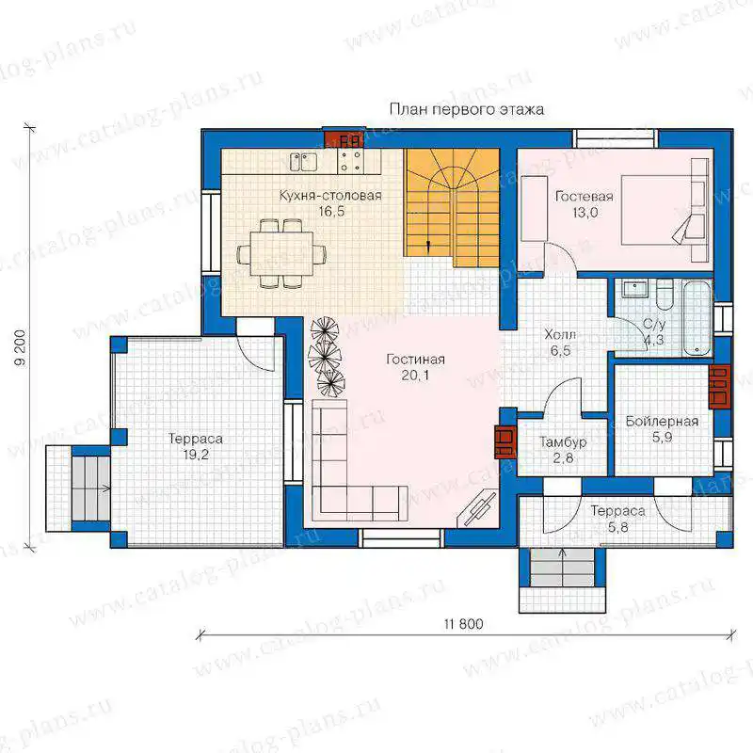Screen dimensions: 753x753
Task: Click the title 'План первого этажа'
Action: pyautogui.click(x=466, y=110)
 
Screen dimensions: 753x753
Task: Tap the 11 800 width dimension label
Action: pyautogui.click(x=463, y=624)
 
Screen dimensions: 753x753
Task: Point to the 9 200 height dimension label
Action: pyautogui.click(x=21, y=348)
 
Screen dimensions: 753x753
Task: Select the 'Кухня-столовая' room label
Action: pyautogui.click(x=330, y=196)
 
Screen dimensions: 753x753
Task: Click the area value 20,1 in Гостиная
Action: pyautogui.click(x=415, y=375)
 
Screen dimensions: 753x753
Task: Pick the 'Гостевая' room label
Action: pyautogui.click(x=584, y=197)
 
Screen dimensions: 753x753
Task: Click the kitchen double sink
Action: pyautogui.click(x=303, y=161)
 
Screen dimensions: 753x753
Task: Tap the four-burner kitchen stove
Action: pyautogui.click(x=349, y=161)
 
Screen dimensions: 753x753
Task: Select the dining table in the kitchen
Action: pyautogui.click(x=281, y=253)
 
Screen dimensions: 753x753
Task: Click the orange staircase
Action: pyautogui.click(x=452, y=207)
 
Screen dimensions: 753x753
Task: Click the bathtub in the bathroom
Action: pyautogui.click(x=697, y=318)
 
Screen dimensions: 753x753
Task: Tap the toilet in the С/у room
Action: pyautogui.click(x=665, y=295)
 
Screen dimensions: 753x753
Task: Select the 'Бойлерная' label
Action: pyautogui.click(x=662, y=422)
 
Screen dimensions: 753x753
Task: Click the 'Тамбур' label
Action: pyautogui.click(x=563, y=441)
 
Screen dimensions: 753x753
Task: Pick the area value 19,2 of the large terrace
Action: pyautogui.click(x=196, y=455)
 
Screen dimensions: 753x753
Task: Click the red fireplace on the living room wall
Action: pyautogui.click(x=505, y=441)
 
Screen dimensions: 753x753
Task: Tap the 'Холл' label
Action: pyautogui.click(x=560, y=334)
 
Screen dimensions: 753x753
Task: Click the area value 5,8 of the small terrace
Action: pyautogui.click(x=618, y=527)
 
